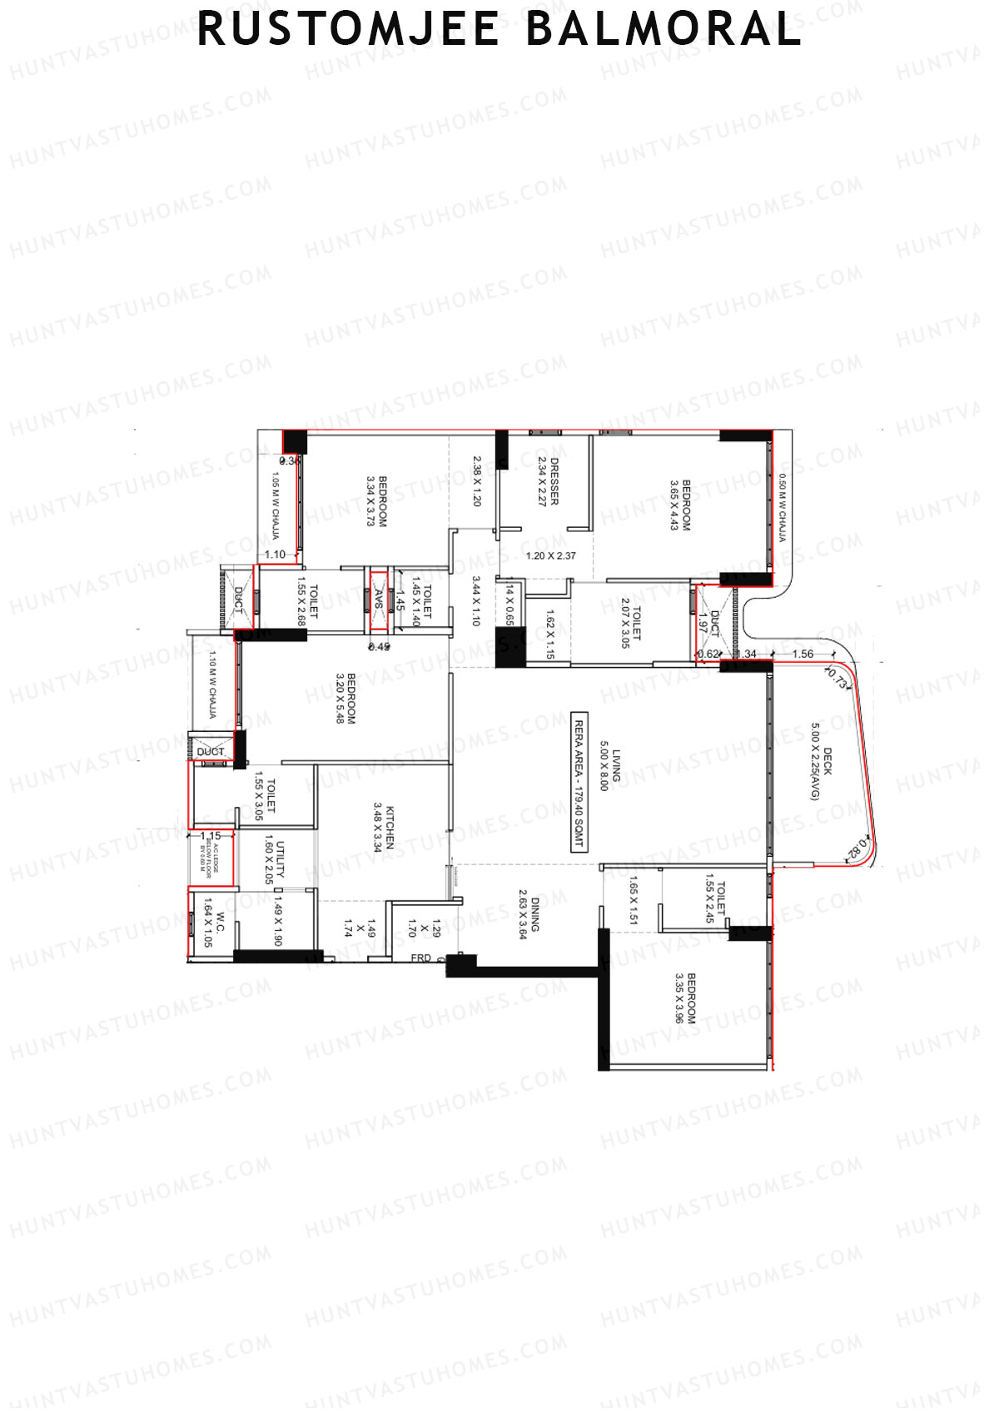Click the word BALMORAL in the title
(x=663, y=30)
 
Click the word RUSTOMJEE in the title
(x=348, y=30)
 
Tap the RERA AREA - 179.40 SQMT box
(x=579, y=781)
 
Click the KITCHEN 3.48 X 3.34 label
(x=384, y=828)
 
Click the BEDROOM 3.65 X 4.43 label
(x=680, y=505)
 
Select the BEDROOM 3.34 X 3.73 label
(x=377, y=500)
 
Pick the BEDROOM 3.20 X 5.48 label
(x=345, y=698)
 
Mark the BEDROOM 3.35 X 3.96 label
(x=685, y=998)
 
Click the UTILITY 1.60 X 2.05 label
(x=275, y=861)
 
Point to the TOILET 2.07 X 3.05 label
(x=630, y=623)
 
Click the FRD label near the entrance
(x=421, y=958)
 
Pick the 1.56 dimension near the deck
(x=803, y=654)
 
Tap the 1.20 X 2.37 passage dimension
(x=551, y=555)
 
